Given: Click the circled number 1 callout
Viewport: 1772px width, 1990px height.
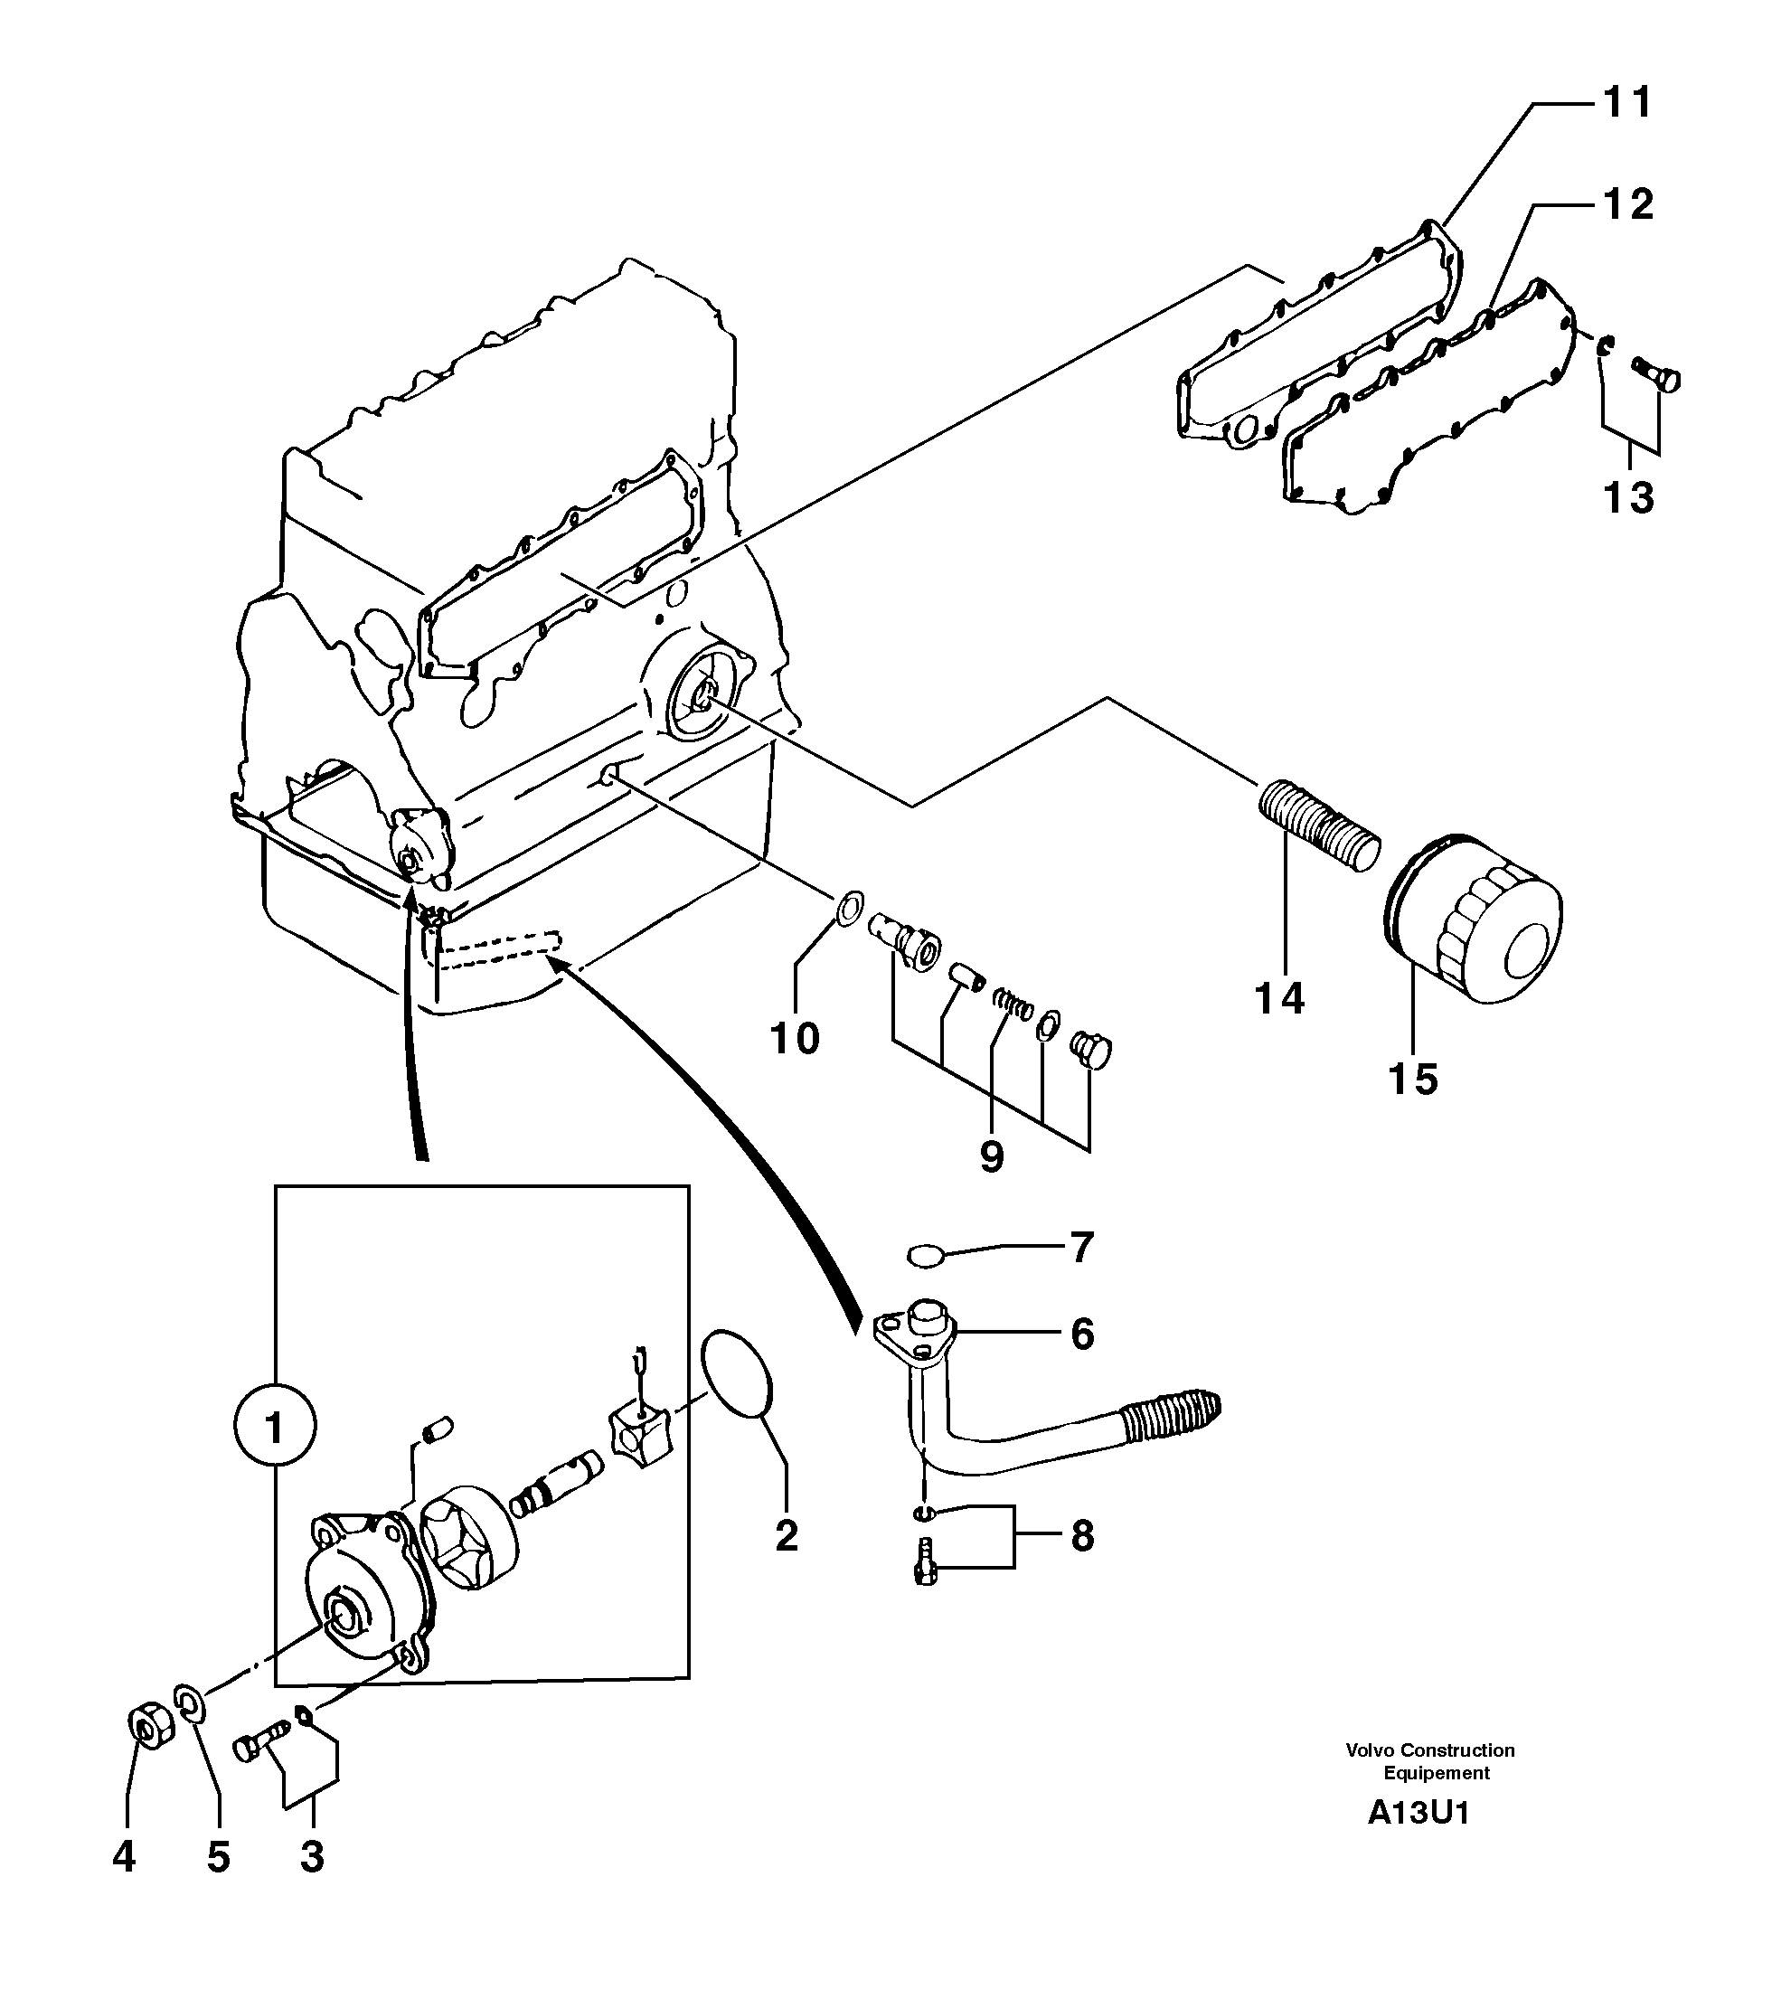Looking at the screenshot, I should [x=275, y=1429].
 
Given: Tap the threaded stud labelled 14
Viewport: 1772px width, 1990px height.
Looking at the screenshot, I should [x=1319, y=825].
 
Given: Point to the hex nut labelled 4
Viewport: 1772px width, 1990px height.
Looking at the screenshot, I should [x=151, y=1727].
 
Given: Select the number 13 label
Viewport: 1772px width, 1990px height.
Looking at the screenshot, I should [x=1628, y=497].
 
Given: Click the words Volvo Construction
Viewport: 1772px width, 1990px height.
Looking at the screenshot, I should [x=1429, y=1750].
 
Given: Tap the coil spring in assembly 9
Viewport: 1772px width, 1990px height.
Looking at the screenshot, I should [x=1013, y=1003].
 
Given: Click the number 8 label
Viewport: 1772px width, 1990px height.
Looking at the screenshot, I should [x=1081, y=1535].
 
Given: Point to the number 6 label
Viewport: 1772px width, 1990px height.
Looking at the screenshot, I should [x=1081, y=1334].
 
